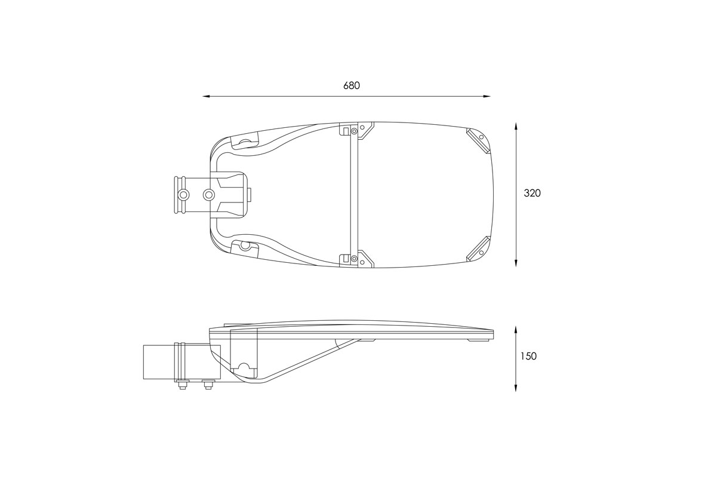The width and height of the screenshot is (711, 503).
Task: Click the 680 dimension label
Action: [352, 85]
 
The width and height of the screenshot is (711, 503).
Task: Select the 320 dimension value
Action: [533, 193]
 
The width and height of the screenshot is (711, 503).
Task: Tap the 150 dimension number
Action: [528, 356]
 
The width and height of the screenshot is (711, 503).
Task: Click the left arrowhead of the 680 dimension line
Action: [207, 96]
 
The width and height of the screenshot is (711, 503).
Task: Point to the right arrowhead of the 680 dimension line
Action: [487, 96]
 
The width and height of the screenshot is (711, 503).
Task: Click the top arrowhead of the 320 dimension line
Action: [516, 126]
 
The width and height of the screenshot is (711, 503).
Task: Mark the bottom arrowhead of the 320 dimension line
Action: [516, 262]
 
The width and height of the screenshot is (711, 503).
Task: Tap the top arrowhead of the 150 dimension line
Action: [516, 330]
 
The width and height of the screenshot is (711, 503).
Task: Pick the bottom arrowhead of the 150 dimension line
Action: [516, 387]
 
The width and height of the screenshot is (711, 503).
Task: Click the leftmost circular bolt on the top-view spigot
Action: [183, 195]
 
